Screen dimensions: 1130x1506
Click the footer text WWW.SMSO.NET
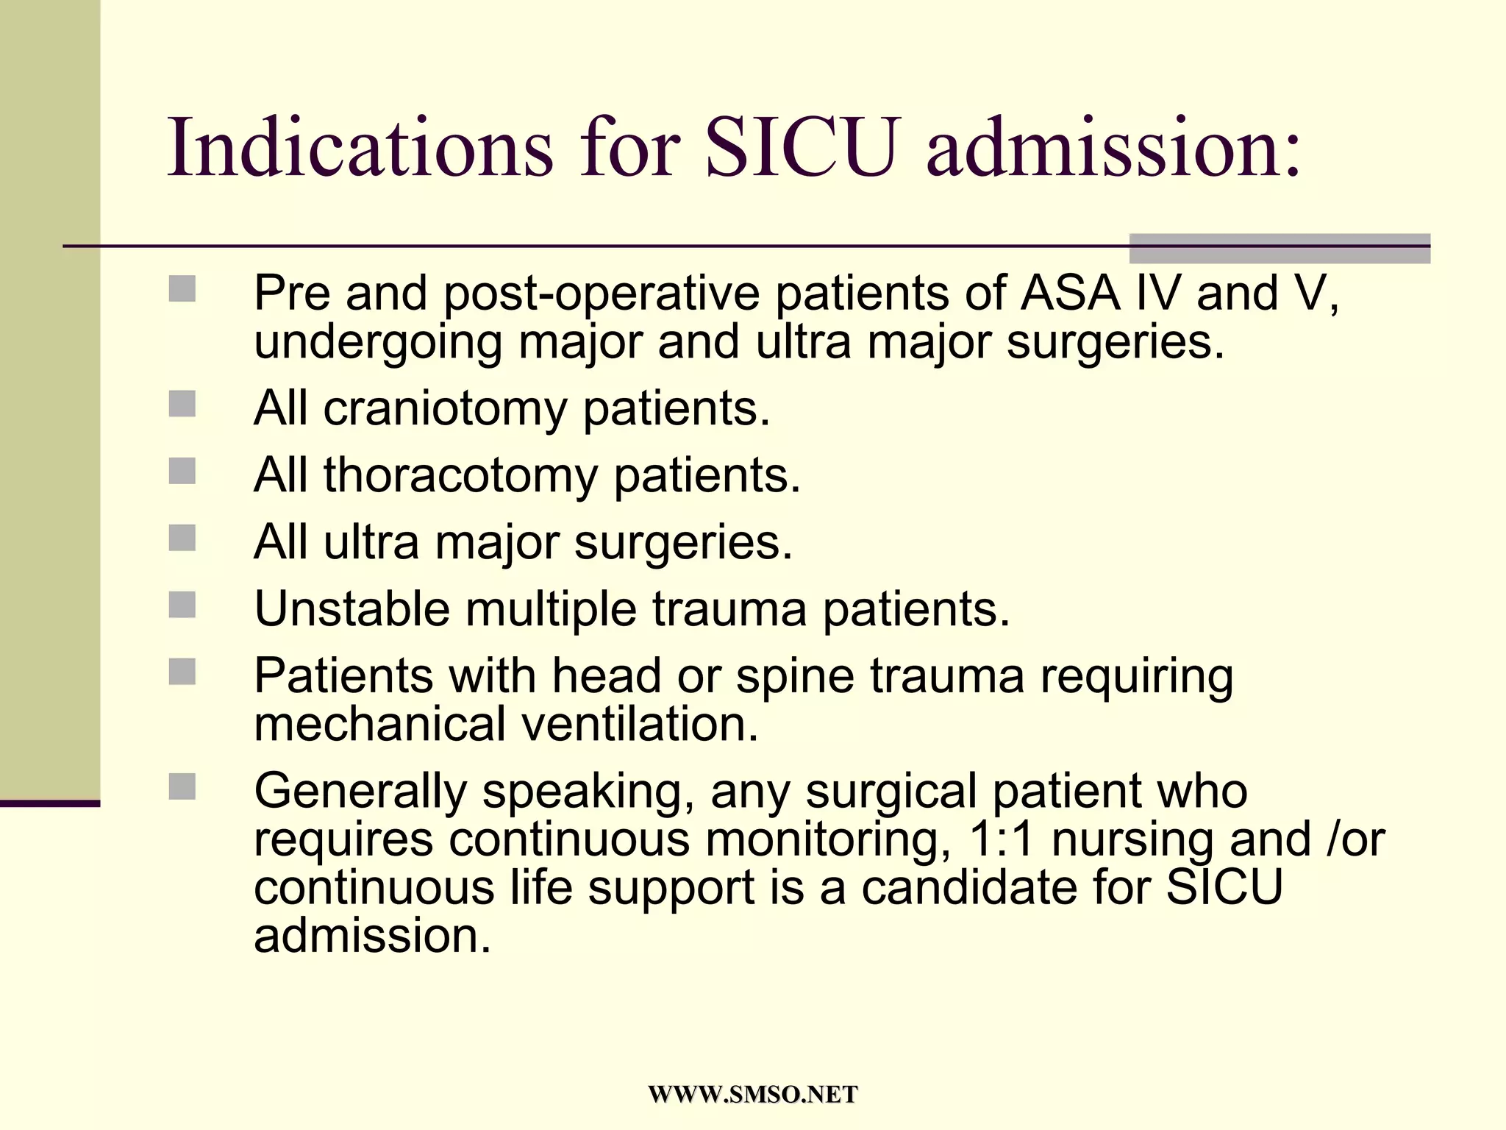[x=752, y=1094]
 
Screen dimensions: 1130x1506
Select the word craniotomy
[x=445, y=408]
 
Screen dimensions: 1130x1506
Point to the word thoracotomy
[x=460, y=475]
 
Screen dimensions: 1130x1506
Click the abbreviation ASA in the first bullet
[x=1070, y=293]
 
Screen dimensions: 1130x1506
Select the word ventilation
[x=640, y=724]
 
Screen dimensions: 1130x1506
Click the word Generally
[x=360, y=792]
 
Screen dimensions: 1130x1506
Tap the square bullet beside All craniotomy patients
[x=182, y=404]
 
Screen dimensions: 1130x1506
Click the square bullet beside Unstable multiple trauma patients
[x=182, y=605]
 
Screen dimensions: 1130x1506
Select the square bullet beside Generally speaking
[x=182, y=786]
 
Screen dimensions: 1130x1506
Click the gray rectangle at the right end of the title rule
[x=1280, y=248]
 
